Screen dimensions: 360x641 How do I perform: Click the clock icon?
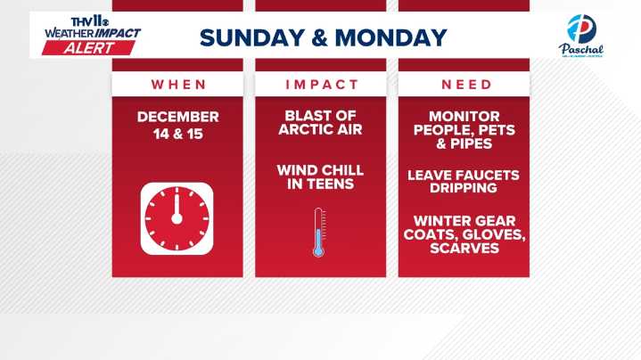coord(177,218)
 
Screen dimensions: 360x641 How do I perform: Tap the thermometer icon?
coord(318,233)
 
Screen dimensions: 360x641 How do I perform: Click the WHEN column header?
coord(177,85)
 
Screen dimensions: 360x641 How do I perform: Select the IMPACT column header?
coord(321,85)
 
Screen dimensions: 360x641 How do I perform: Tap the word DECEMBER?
coord(177,117)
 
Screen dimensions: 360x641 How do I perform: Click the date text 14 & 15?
coord(177,134)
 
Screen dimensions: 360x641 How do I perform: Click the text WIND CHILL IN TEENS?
coord(321,177)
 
